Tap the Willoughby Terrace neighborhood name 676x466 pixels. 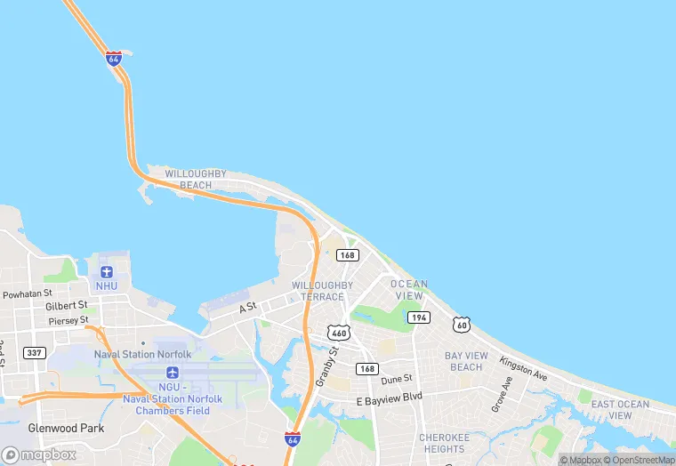(322, 291)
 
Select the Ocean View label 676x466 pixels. (409, 290)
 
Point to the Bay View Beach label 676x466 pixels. (466, 361)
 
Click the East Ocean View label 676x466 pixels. (621, 410)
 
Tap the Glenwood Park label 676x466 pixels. (66, 428)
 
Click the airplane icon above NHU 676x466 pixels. (107, 270)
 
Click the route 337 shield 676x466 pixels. (35, 353)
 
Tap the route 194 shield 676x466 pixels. (419, 317)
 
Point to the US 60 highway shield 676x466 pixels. (461, 325)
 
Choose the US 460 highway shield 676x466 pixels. (338, 333)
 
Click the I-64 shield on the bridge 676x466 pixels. (114, 60)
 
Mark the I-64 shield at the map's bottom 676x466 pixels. (293, 439)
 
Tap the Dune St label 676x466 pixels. (397, 379)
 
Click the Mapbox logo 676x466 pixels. (40, 454)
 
